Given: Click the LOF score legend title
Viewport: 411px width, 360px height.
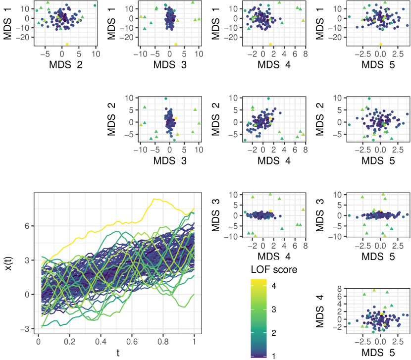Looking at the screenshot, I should (x=274, y=270).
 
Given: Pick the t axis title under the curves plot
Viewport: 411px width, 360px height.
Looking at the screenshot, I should (x=118, y=352).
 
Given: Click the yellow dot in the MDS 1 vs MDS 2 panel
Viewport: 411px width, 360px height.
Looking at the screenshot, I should (x=67, y=44).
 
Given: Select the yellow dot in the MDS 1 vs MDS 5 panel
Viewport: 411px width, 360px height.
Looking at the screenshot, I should (x=380, y=44).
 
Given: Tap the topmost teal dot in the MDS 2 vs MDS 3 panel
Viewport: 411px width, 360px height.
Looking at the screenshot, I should (x=166, y=99).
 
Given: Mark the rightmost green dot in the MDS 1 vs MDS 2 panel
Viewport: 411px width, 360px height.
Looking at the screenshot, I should (x=95, y=5).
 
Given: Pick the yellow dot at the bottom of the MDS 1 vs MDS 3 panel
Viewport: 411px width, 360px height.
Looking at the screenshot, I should (x=176, y=44).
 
